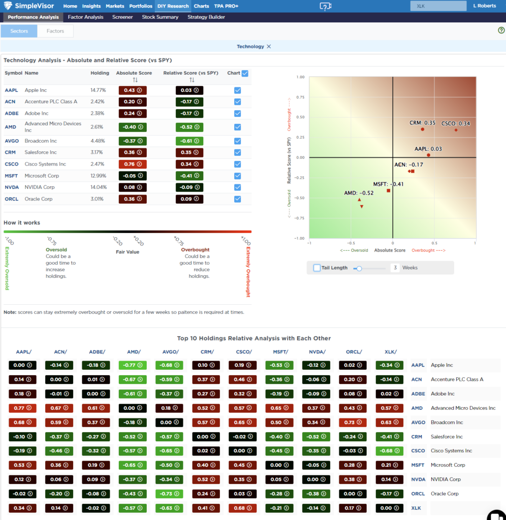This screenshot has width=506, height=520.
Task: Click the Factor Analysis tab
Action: coord(85,17)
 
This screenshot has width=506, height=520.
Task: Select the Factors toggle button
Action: coord(55,31)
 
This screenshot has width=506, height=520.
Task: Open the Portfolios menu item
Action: coord(140,6)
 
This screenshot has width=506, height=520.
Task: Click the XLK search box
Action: coord(438,6)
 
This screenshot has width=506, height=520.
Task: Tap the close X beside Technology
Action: coord(269,47)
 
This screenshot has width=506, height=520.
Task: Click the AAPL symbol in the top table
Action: coord(11,90)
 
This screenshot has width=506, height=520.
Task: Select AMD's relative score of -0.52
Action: coord(190,127)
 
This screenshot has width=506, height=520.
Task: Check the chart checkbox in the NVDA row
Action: coord(238,187)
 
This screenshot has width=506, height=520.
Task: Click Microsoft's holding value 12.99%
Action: coord(99,176)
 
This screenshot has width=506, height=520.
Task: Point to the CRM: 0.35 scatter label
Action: coord(422,123)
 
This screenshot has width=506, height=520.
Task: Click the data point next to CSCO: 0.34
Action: coord(456,130)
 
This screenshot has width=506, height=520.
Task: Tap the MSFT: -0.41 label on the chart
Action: coord(388,184)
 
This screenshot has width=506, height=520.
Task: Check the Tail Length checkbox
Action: coord(317,268)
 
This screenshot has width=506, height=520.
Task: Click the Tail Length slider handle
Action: coord(359,268)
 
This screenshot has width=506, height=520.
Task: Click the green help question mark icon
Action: coord(501,30)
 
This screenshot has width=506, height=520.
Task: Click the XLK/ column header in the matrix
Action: coord(390,351)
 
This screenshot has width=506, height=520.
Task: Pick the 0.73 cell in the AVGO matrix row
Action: coord(354,422)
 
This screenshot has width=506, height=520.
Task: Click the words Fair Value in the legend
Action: coord(127,252)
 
